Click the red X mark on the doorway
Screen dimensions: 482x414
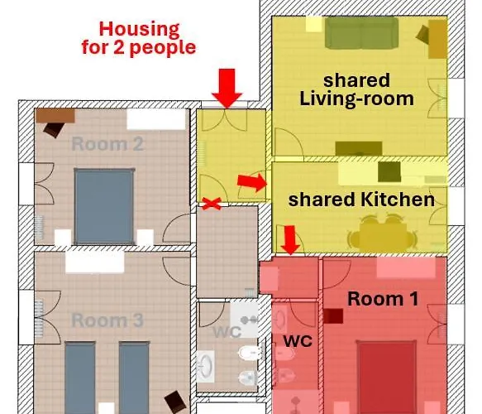pos(212,204)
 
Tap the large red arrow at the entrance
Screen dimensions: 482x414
pos(227,89)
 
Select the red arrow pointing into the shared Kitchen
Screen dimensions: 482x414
pos(252,182)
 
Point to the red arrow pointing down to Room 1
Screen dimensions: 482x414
pos(290,240)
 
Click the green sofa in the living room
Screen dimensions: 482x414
pos(361,33)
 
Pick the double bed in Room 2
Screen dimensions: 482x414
pos(104,206)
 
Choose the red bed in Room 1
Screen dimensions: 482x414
pos(387,377)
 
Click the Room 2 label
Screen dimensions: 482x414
pos(107,144)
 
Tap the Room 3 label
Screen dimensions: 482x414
pos(107,320)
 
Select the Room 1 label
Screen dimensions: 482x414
pos(383,299)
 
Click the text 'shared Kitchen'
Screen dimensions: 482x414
pos(361,200)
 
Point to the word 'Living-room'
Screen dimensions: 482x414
pos(356,99)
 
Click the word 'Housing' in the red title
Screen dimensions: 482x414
pos(139,30)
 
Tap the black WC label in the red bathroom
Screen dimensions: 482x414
pos(298,341)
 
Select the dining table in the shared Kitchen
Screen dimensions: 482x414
pos(383,236)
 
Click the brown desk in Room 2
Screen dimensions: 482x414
pos(55,115)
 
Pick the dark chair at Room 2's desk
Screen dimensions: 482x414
pos(54,129)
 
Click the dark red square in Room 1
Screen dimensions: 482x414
pos(333,316)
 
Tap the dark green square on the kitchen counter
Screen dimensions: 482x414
pos(389,171)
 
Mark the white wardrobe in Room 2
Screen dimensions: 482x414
pos(156,119)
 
